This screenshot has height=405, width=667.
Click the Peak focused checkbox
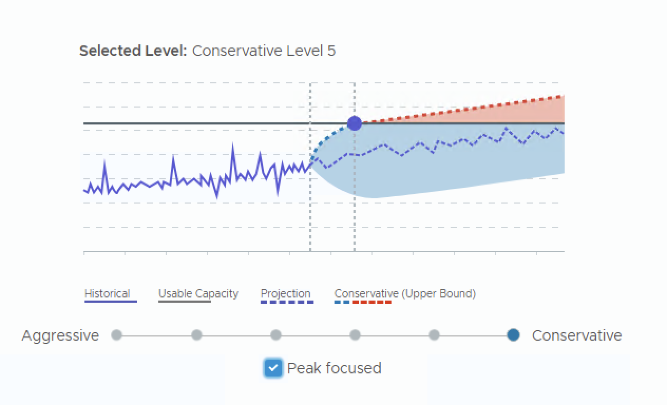tap(273, 368)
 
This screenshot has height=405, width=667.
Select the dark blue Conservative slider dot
tap(513, 335)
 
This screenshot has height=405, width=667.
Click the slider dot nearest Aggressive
tap(117, 335)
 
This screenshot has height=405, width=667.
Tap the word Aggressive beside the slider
tap(60, 335)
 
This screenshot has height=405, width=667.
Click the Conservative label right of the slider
tap(577, 335)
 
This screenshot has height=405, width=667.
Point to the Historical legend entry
tap(107, 294)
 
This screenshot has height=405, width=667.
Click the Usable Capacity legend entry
tap(198, 294)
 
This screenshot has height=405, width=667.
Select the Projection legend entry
tap(285, 294)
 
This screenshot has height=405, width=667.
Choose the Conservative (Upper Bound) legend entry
tap(405, 294)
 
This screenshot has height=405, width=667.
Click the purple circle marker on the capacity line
tap(355, 123)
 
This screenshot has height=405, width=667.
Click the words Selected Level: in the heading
tap(133, 51)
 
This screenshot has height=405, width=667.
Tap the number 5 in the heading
tap(331, 51)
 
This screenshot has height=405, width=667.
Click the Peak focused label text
tap(334, 368)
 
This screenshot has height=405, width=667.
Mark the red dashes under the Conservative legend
tap(372, 302)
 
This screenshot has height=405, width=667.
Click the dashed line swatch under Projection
tap(287, 302)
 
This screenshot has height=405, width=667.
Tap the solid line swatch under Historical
tap(111, 302)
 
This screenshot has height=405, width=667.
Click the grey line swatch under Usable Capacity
tap(185, 302)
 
